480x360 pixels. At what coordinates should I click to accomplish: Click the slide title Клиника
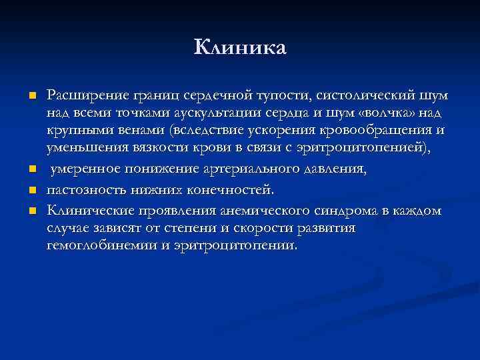click(240, 47)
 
